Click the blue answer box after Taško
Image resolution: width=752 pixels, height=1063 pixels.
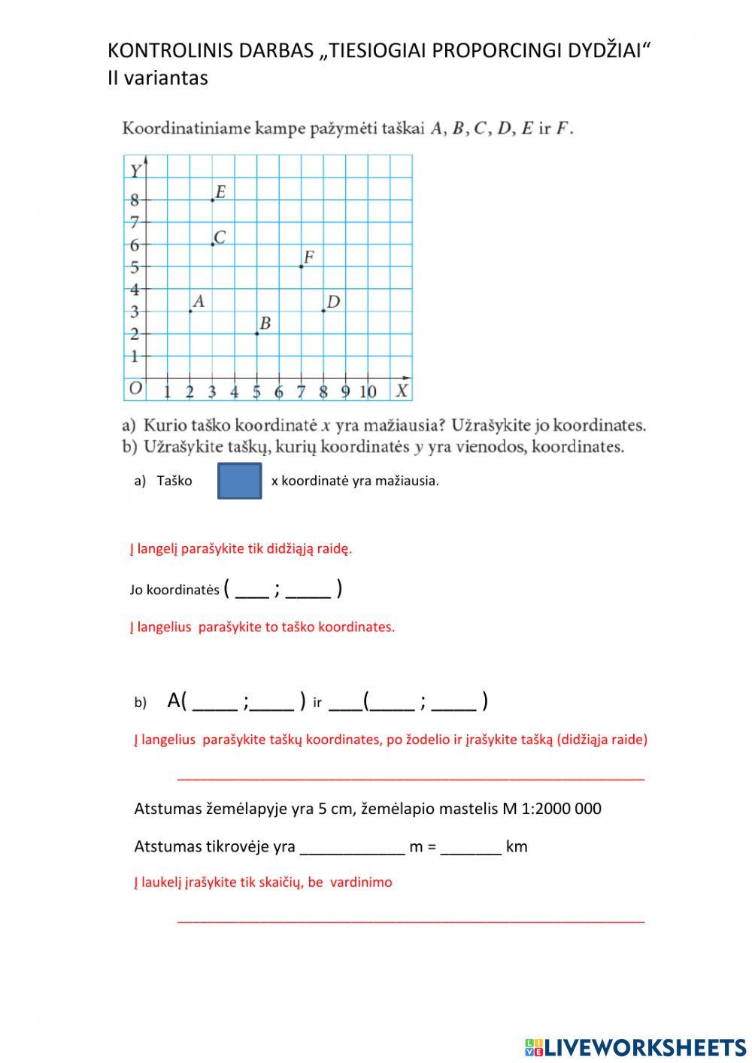point(239,481)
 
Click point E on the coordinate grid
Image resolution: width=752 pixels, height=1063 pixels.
point(213,200)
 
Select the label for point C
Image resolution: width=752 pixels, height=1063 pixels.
point(220,237)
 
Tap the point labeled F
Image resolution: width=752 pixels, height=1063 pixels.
point(302,266)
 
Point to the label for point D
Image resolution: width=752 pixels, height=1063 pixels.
point(333,302)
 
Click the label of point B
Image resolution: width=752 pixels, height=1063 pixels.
point(265,323)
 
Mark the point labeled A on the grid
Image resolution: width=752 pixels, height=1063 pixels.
point(190,311)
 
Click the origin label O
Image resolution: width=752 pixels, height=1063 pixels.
point(135,388)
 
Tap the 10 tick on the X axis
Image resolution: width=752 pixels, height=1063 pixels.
point(368,391)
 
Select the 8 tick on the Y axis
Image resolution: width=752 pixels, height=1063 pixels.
point(135,200)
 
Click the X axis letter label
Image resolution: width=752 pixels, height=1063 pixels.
point(402,390)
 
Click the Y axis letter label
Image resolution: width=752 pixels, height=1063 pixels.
point(135,172)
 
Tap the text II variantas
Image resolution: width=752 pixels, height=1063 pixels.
point(157,77)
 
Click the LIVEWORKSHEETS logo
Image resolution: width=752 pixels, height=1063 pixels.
point(635,1046)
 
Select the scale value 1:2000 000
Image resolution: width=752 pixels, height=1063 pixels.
point(560,809)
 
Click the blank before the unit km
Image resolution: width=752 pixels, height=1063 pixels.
point(471,847)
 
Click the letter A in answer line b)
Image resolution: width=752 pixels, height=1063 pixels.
point(174,700)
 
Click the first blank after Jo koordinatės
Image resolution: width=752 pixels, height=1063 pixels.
point(252,590)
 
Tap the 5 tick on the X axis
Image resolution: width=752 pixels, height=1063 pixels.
point(256,391)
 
